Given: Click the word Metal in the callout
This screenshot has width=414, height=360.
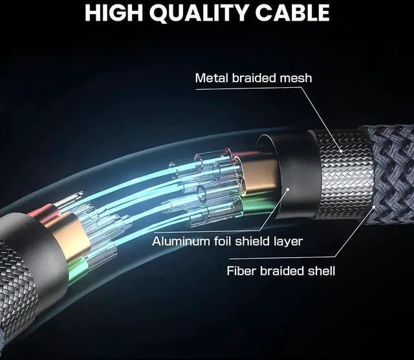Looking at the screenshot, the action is click(210, 78).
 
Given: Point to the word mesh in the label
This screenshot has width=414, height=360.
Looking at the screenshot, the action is click(297, 78).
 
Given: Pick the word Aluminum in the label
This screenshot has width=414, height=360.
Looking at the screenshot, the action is click(178, 242).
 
